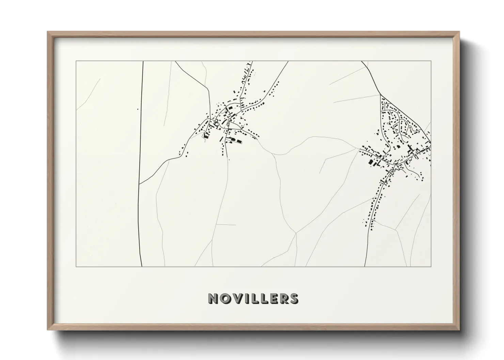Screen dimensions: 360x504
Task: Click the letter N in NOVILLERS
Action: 213,298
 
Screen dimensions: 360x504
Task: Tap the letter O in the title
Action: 225,298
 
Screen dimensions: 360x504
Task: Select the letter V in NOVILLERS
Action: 237,298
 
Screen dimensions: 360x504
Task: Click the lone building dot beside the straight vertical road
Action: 138,109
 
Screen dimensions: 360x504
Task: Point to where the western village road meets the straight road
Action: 139,184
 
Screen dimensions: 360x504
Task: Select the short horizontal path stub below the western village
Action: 226,225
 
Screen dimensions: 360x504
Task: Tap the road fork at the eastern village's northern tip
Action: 380,94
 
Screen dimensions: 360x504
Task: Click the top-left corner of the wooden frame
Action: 48,32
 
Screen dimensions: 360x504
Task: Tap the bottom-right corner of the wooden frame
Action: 459,329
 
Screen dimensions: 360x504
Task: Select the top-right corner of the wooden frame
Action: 459,32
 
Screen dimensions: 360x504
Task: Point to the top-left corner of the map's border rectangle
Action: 76,61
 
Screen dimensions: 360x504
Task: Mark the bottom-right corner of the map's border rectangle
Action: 431,267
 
